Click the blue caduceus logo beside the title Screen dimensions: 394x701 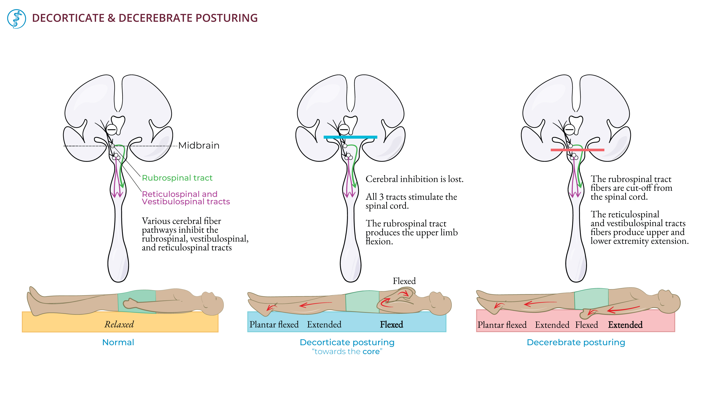point(16,19)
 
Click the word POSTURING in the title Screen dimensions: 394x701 point(226,18)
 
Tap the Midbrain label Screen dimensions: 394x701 point(199,145)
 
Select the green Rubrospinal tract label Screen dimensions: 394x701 point(177,178)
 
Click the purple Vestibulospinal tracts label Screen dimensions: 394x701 point(186,202)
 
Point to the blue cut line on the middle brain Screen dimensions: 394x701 point(350,137)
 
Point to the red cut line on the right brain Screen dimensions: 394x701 point(577,150)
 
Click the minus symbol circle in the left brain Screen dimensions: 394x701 point(111,130)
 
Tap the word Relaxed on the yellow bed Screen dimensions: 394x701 point(119,324)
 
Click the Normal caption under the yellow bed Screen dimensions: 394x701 point(118,342)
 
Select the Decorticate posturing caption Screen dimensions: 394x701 point(347,342)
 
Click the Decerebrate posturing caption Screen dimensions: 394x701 point(576,342)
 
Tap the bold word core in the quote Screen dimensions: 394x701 point(371,352)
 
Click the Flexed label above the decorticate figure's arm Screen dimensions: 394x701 point(404,281)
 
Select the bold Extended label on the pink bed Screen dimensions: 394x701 point(625,325)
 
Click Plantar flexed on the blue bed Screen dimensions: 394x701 point(274,324)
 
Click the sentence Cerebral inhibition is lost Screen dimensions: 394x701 point(414,179)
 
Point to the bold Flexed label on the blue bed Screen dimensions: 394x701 point(391,324)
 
